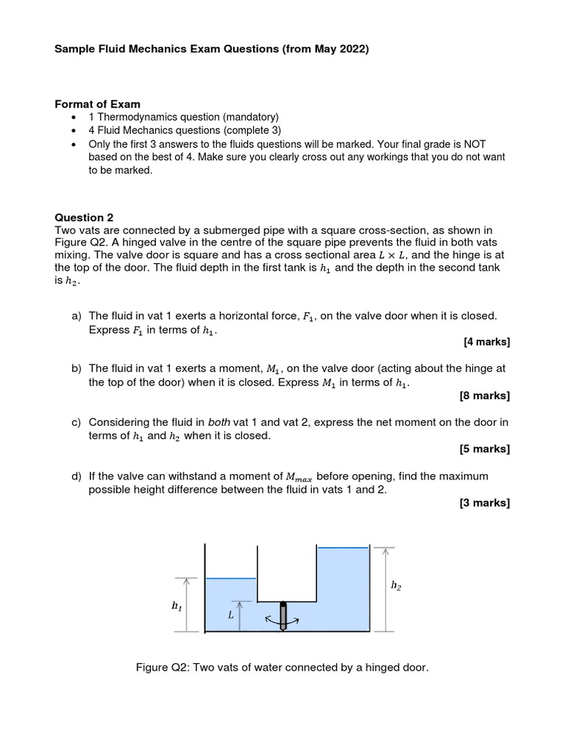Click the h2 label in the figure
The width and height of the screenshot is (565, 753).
tap(396, 585)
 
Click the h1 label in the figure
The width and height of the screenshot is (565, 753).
tap(177, 606)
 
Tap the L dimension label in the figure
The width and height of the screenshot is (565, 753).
tap(230, 615)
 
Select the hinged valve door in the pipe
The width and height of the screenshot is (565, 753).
tap(284, 613)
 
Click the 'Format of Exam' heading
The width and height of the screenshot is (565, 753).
tap(98, 104)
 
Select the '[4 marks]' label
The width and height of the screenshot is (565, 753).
tap(486, 342)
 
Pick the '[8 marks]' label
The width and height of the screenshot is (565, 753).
tap(484, 396)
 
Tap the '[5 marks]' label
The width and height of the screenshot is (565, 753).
tap(484, 449)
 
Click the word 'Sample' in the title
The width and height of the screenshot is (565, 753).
tap(77, 49)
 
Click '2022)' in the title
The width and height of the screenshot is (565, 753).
tap(352, 49)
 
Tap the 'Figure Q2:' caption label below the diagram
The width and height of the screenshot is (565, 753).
tap(163, 668)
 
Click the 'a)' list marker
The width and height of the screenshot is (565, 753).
tap(77, 315)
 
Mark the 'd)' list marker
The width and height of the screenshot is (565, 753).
tap(77, 477)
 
